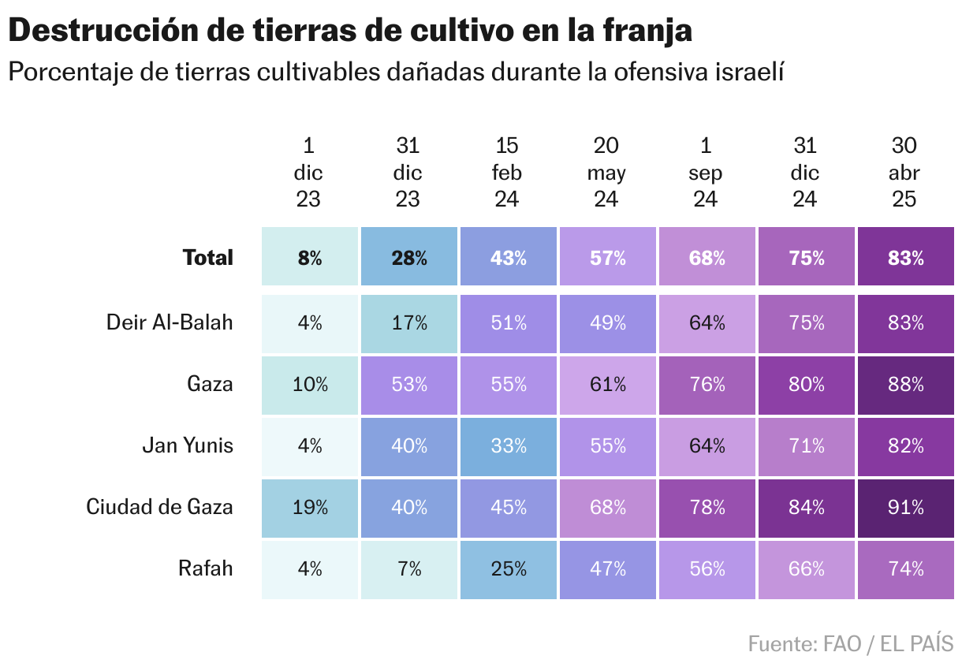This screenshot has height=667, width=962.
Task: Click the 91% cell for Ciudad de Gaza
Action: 904,507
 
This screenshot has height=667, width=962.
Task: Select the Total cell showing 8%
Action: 310,258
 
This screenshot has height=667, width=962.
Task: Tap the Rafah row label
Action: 206,568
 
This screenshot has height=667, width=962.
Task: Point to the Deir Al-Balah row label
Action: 170,322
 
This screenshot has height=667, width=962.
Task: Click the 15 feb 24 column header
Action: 507,173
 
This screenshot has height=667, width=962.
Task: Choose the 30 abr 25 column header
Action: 904,173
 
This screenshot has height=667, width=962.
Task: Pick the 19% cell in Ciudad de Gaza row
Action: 310,507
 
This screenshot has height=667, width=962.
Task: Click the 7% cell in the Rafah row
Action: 408,568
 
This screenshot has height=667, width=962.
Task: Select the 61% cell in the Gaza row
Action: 606,384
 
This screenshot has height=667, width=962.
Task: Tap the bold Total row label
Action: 208,258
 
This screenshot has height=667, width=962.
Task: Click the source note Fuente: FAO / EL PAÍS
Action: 851,643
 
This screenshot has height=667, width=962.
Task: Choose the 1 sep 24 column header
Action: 706,173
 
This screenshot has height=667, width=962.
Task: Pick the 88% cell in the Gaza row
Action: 904,384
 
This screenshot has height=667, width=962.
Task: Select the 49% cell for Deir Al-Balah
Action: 606,322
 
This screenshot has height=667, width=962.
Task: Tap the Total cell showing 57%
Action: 606,258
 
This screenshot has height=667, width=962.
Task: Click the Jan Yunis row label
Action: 188,445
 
